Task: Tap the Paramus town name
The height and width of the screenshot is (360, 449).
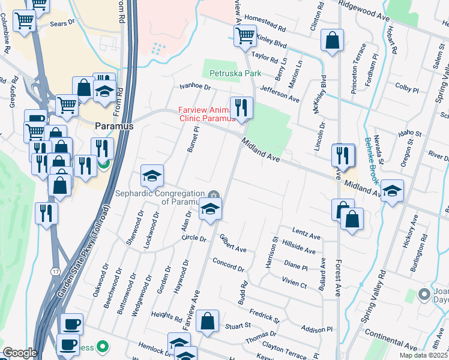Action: click(115, 127)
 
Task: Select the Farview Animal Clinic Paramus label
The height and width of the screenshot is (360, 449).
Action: click(203, 113)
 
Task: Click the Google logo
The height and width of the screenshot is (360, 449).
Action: click(20, 353)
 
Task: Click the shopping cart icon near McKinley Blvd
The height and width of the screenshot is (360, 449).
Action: click(246, 36)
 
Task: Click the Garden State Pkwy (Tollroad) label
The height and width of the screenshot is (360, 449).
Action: click(83, 251)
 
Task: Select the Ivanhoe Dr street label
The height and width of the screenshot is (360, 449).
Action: click(196, 87)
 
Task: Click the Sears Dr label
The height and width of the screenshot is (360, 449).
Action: click(62, 23)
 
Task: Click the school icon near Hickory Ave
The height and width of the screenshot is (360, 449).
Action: click(392, 191)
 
